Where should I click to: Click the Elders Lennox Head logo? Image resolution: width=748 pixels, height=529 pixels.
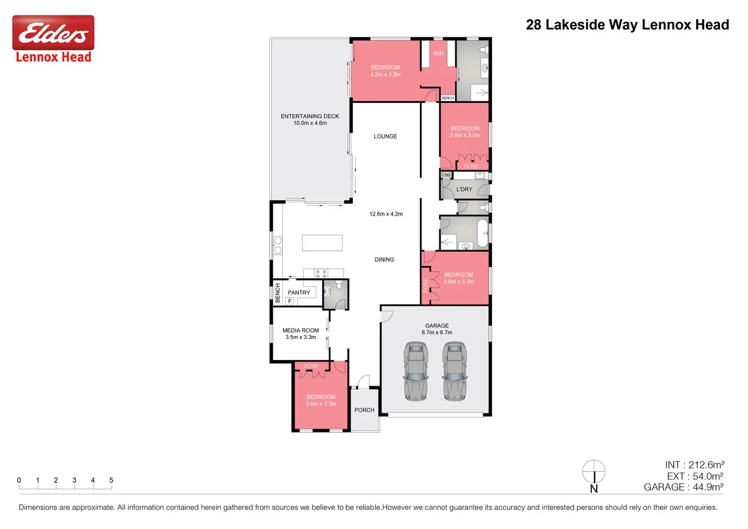pyautogui.click(x=53, y=39)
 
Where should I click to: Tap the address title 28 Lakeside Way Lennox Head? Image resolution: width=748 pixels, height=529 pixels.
pyautogui.click(x=628, y=25)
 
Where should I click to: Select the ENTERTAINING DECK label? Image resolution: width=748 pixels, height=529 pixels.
pyautogui.click(x=310, y=116)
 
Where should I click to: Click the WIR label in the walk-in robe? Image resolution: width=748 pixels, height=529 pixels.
pyautogui.click(x=438, y=54)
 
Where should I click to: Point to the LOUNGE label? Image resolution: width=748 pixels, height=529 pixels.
pyautogui.click(x=386, y=136)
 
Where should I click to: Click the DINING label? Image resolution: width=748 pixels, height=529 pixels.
pyautogui.click(x=385, y=260)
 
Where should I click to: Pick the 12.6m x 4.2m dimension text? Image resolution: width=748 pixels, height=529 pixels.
pyautogui.click(x=386, y=214)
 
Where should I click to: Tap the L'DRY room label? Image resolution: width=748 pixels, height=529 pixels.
pyautogui.click(x=464, y=189)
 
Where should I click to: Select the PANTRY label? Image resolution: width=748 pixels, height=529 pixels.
pyautogui.click(x=299, y=293)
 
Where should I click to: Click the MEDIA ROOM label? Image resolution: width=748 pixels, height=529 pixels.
pyautogui.click(x=300, y=330)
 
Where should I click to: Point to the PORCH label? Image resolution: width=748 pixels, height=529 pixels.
pyautogui.click(x=365, y=410)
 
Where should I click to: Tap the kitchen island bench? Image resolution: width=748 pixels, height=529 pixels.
pyautogui.click(x=322, y=243)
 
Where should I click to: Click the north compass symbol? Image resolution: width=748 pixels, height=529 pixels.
pyautogui.click(x=594, y=472)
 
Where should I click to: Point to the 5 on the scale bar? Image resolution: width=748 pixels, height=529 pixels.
pyautogui.click(x=111, y=480)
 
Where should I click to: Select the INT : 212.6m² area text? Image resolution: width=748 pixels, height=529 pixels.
pyautogui.click(x=694, y=465)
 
